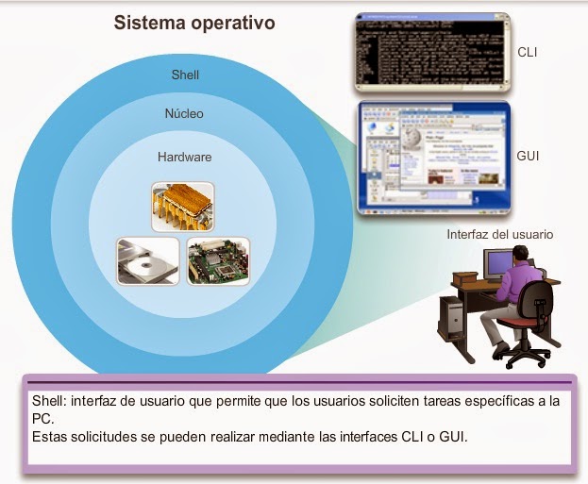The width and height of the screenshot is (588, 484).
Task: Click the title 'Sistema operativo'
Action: pos(194,22)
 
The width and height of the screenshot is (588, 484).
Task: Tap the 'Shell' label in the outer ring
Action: pos(185,74)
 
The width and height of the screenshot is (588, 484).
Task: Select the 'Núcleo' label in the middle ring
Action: pos(184,113)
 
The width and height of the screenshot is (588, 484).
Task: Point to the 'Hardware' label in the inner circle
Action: pos(184,157)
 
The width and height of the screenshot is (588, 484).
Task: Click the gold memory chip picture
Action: pos(182,207)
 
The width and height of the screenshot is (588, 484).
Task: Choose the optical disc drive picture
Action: pos(145,261)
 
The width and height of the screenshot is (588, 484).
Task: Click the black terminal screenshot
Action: pos(432,53)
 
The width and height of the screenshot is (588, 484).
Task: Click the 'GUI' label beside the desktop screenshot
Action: pos(529,156)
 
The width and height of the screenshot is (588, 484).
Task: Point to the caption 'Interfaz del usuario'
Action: pos(499,234)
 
